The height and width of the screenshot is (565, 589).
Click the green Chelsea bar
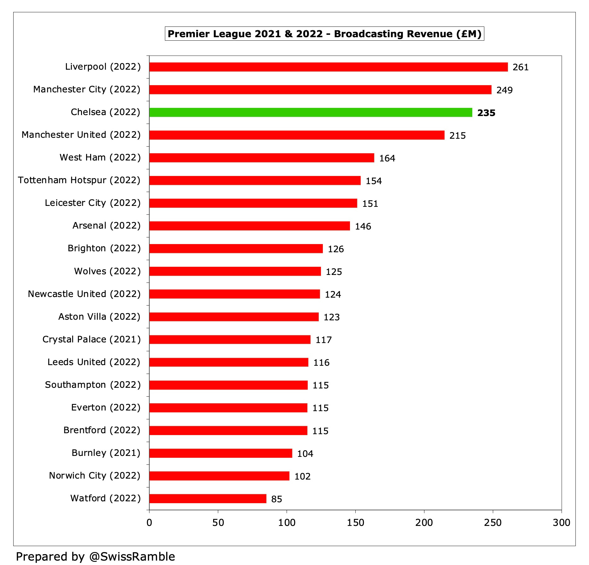point(311,113)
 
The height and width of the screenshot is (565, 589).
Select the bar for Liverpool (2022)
point(328,67)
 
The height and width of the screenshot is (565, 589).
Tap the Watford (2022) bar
point(207,498)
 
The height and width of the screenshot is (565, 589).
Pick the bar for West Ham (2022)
point(261,158)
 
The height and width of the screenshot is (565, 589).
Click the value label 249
point(504,90)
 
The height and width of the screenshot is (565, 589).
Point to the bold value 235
point(486,113)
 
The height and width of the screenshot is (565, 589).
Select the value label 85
point(277,499)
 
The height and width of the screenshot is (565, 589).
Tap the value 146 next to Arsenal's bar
point(363,226)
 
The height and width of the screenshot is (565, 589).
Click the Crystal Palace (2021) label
point(91,339)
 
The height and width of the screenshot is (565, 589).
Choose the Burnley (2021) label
point(106,453)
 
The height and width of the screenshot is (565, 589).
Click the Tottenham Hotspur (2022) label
point(79,180)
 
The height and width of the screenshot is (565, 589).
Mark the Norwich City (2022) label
point(95,475)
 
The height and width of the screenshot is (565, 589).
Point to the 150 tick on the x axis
point(355,523)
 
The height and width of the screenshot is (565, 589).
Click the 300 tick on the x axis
point(561,523)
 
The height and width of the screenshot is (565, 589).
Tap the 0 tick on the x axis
point(149,523)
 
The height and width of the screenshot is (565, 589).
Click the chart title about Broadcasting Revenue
point(324,34)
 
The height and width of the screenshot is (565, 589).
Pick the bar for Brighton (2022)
point(236,248)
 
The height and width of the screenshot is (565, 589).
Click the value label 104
point(305,454)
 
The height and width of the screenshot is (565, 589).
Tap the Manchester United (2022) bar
point(297,135)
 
